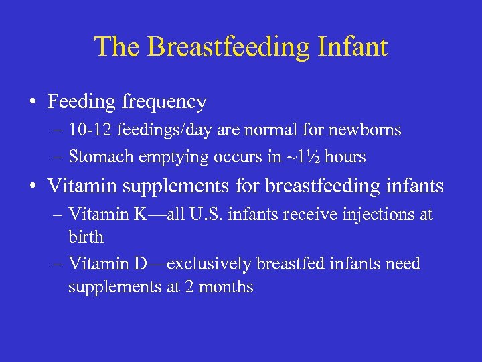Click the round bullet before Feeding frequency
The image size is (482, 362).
coord(33,103)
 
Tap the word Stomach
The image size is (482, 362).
coord(98,158)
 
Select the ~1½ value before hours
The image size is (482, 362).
coord(295,158)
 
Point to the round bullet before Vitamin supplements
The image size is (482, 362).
coord(33,186)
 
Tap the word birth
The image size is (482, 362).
coord(86,237)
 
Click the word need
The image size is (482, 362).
coord(402,264)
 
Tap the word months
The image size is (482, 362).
coord(226,287)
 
